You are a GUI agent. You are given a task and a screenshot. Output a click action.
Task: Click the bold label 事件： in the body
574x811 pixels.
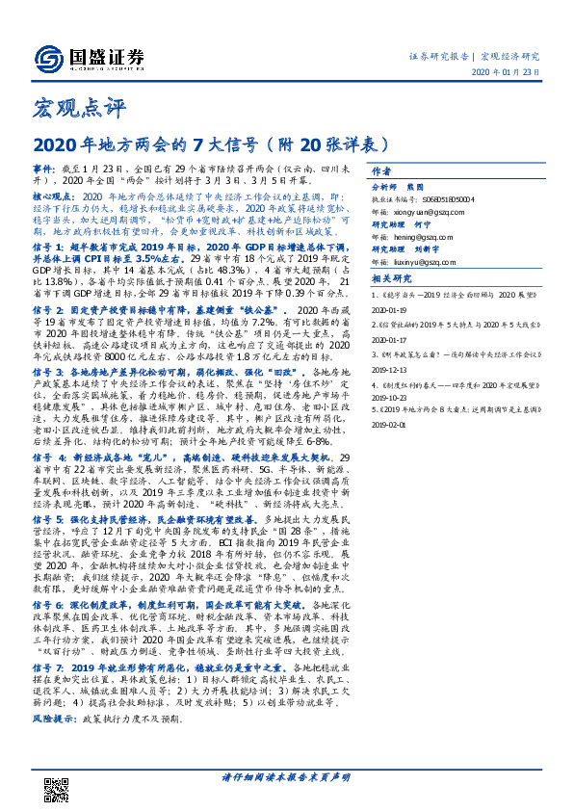44,167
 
